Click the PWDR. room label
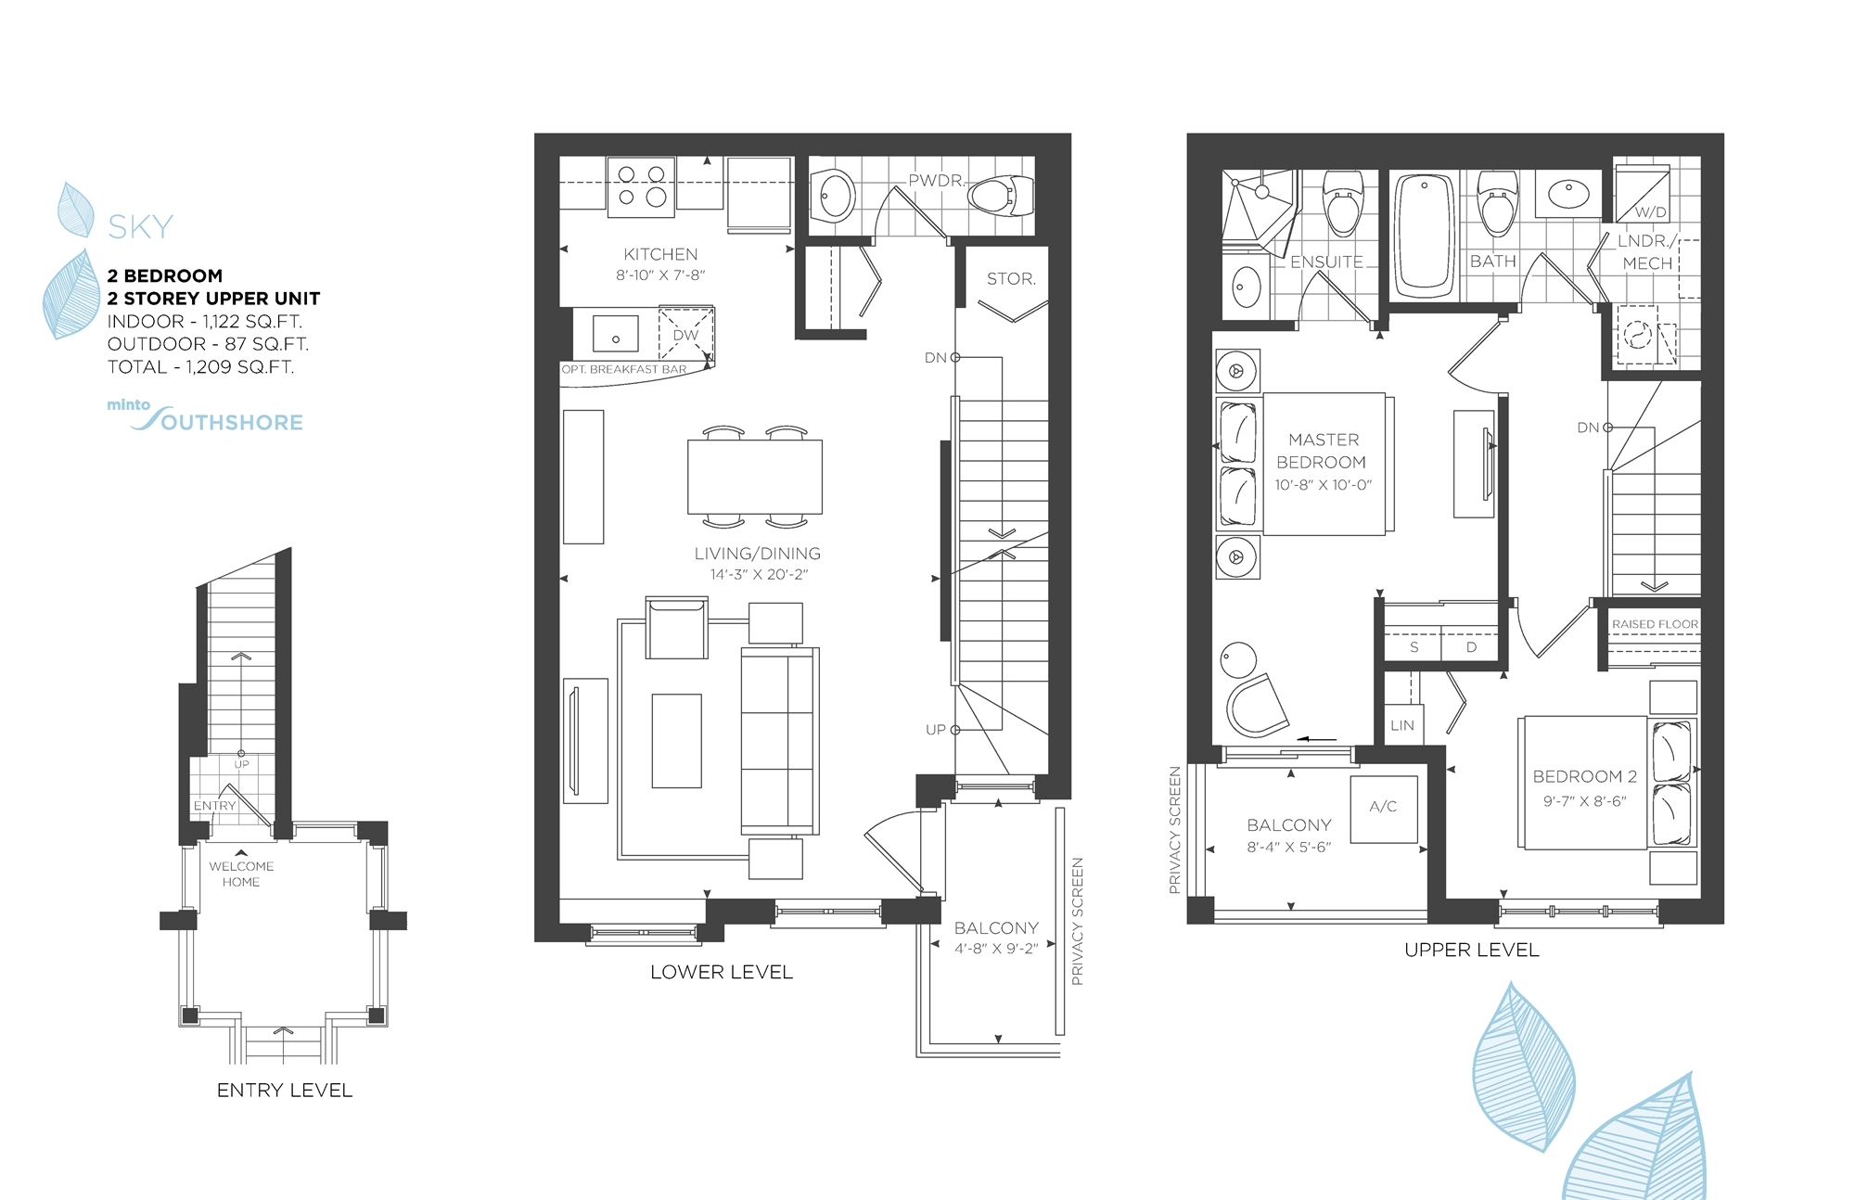pos(936,180)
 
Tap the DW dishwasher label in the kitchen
pos(685,335)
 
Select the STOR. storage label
pos(1011,278)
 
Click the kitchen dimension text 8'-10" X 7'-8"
pos(660,275)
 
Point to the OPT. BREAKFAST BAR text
pos(624,369)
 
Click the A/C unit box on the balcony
pos(1383,808)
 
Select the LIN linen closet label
pos(1402,725)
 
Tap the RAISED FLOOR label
pos(1655,624)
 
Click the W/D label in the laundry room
pos(1650,212)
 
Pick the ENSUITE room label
pos(1326,262)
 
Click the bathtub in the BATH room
pos(1425,233)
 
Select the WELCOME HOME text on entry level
pos(241,874)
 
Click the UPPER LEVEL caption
pos(1472,950)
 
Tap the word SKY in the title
pos(141,227)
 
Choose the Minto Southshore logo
pos(206,416)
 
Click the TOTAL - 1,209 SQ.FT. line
pos(200,367)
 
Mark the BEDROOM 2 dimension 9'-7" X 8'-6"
pos(1584,801)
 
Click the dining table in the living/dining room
pos(754,477)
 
